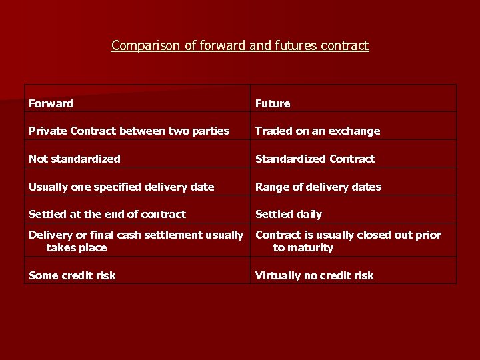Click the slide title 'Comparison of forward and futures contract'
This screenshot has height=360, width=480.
point(239,45)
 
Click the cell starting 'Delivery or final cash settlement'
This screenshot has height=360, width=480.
point(136,241)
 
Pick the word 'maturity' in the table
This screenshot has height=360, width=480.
point(310,247)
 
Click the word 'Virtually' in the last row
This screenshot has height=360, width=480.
point(278,275)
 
